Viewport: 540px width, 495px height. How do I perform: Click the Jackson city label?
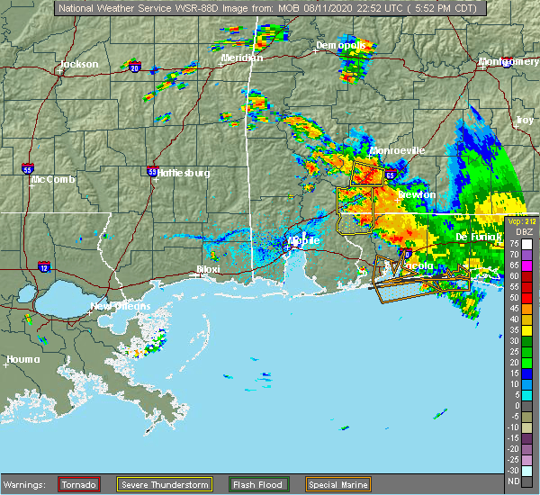click(x=77, y=65)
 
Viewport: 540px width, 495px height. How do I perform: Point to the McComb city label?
click(x=48, y=179)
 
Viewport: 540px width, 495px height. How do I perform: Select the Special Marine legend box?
click(x=337, y=483)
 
